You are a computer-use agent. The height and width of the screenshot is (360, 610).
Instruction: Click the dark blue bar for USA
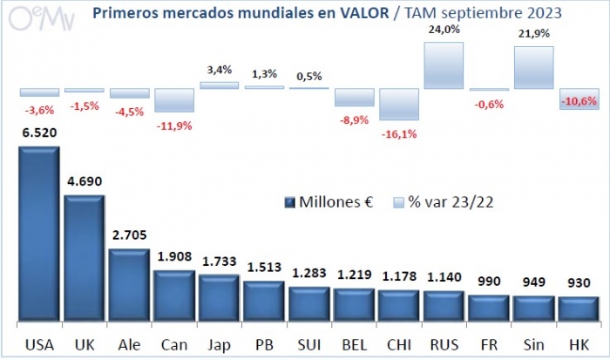38,235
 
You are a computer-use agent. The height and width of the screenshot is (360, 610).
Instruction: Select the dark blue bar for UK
84,260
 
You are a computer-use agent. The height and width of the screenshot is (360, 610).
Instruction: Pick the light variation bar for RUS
444,65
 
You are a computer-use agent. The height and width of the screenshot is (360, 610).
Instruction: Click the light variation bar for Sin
534,68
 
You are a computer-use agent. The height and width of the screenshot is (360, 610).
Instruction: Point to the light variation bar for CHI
398,104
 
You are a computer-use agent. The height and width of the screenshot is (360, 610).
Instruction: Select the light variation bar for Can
174,100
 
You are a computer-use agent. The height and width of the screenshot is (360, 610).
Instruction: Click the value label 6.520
38,133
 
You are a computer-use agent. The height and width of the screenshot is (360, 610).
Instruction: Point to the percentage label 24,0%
444,30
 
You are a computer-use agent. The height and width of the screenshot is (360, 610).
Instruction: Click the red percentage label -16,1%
398,134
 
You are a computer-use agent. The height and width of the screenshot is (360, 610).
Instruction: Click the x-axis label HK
578,343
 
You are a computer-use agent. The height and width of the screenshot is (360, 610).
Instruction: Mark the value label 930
578,283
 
